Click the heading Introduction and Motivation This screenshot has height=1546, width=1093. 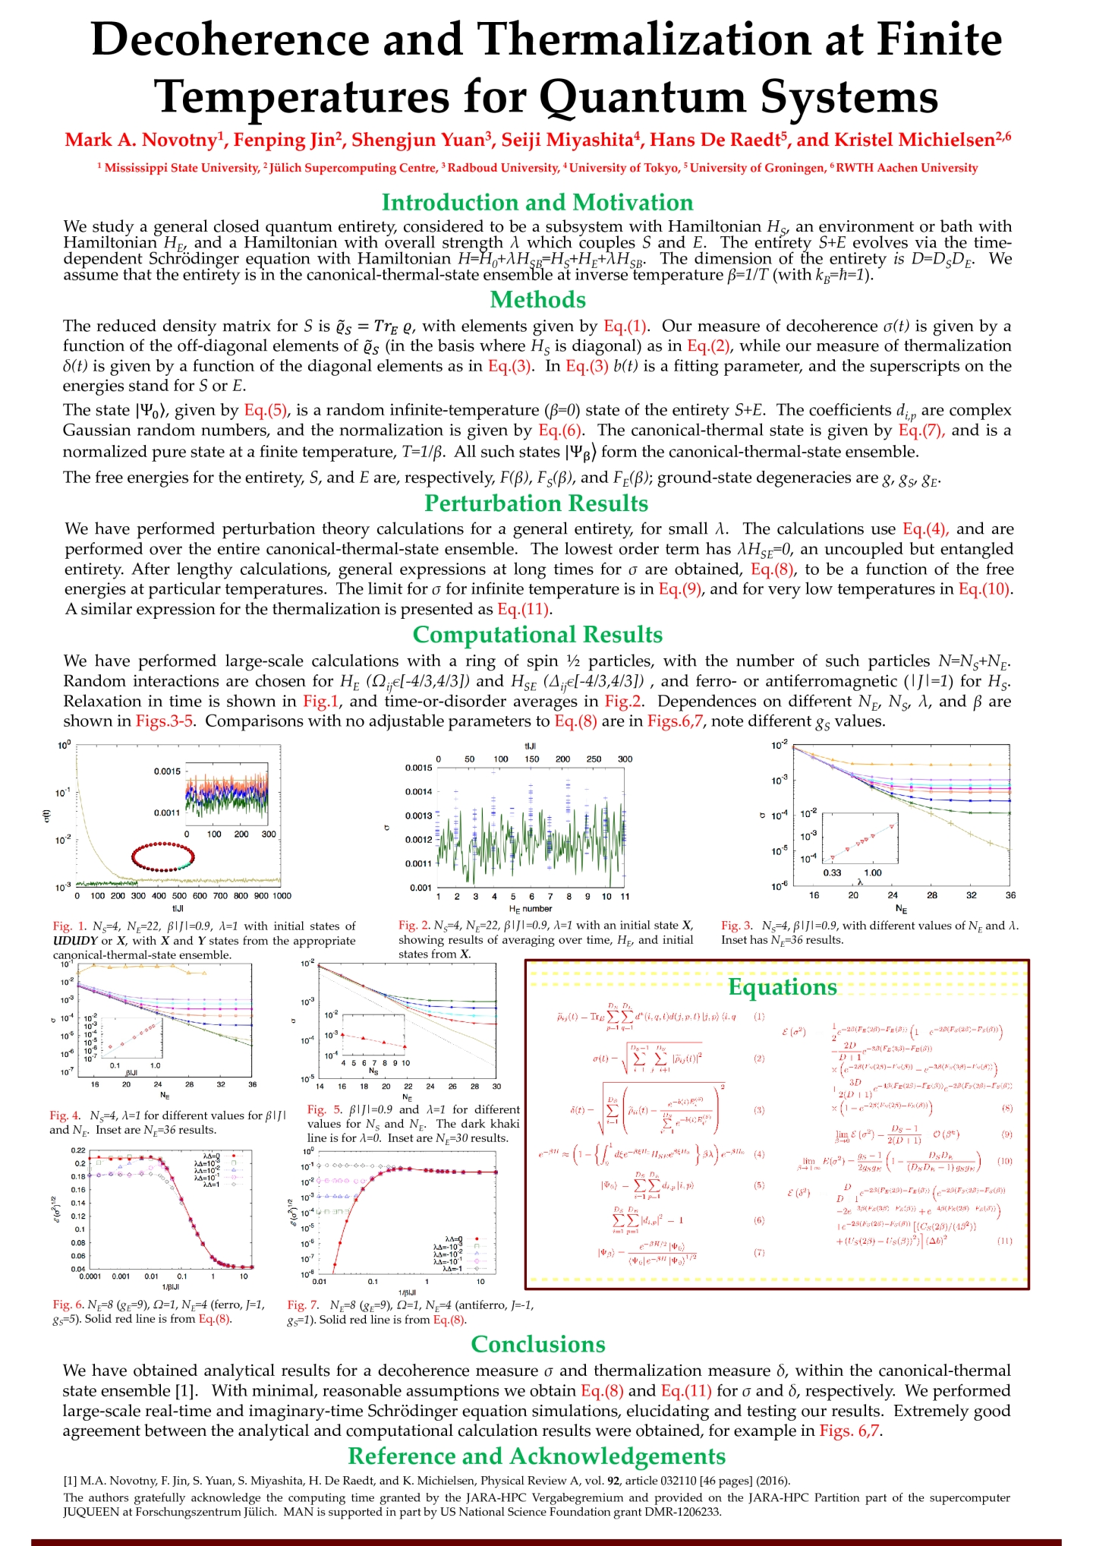click(x=537, y=203)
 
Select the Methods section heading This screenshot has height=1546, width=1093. click(x=537, y=300)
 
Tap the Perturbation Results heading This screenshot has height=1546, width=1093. click(x=536, y=503)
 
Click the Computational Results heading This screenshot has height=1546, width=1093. click(x=537, y=635)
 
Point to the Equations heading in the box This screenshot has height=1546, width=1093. click(x=782, y=987)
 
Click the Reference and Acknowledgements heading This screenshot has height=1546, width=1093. click(x=537, y=1456)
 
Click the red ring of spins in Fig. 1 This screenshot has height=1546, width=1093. click(x=163, y=857)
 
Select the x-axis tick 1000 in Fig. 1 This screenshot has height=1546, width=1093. click(x=282, y=896)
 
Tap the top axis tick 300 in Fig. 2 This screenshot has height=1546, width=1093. click(x=625, y=759)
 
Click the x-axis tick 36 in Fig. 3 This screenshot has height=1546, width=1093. click(x=1010, y=895)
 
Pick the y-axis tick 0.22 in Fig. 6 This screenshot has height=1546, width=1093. click(x=79, y=1150)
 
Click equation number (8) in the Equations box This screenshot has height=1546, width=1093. click(x=1007, y=1109)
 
